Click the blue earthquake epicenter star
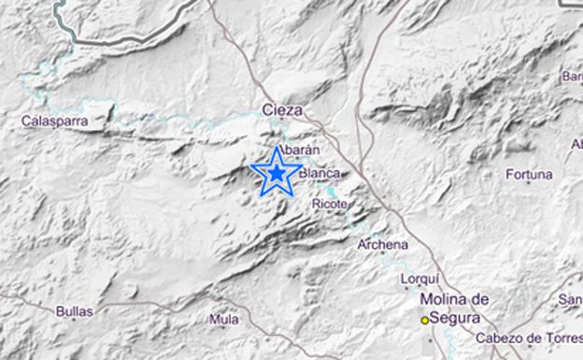pyautogui.click(x=277, y=172)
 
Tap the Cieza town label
pyautogui.click(x=283, y=110)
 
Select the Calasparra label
pyautogui.click(x=55, y=121)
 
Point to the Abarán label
pyautogui.click(x=300, y=149)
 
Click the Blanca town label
pyautogui.click(x=319, y=173)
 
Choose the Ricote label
pyautogui.click(x=332, y=202)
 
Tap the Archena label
pyautogui.click(x=383, y=245)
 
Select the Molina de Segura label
pyautogui.click(x=456, y=308)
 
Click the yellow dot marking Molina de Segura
pyautogui.click(x=424, y=320)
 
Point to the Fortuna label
pyautogui.click(x=529, y=174)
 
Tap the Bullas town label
pyautogui.click(x=75, y=311)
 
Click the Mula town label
pyautogui.click(x=223, y=319)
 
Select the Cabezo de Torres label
pyautogui.click(x=528, y=338)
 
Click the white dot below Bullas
pyautogui.click(x=74, y=324)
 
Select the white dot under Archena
pyautogui.click(x=382, y=256)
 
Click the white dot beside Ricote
pyautogui.click(x=353, y=203)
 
